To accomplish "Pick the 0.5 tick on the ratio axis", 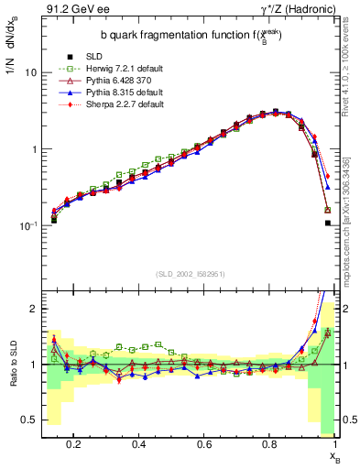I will (30, 420).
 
